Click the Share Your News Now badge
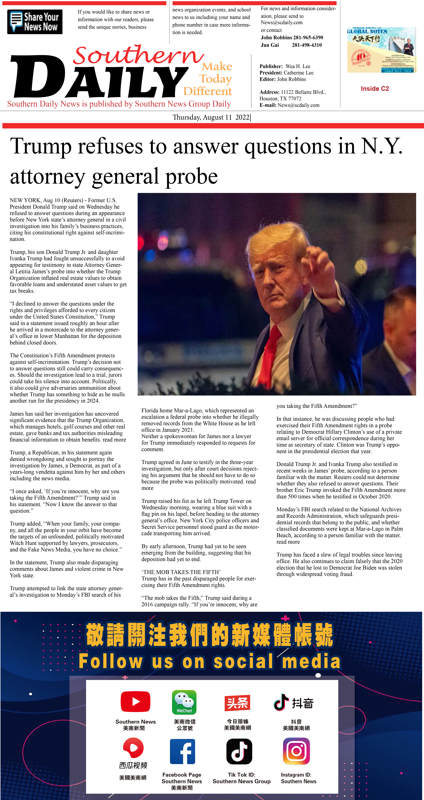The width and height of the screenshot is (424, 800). coord(35,22)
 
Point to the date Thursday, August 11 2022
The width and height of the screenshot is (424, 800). coord(211,117)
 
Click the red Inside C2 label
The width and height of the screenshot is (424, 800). coord(375,89)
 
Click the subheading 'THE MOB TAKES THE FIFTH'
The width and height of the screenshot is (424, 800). coord(181,572)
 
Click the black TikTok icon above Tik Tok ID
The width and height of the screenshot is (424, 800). coord(239,752)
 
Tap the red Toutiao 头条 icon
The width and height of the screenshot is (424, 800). coord(237,702)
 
